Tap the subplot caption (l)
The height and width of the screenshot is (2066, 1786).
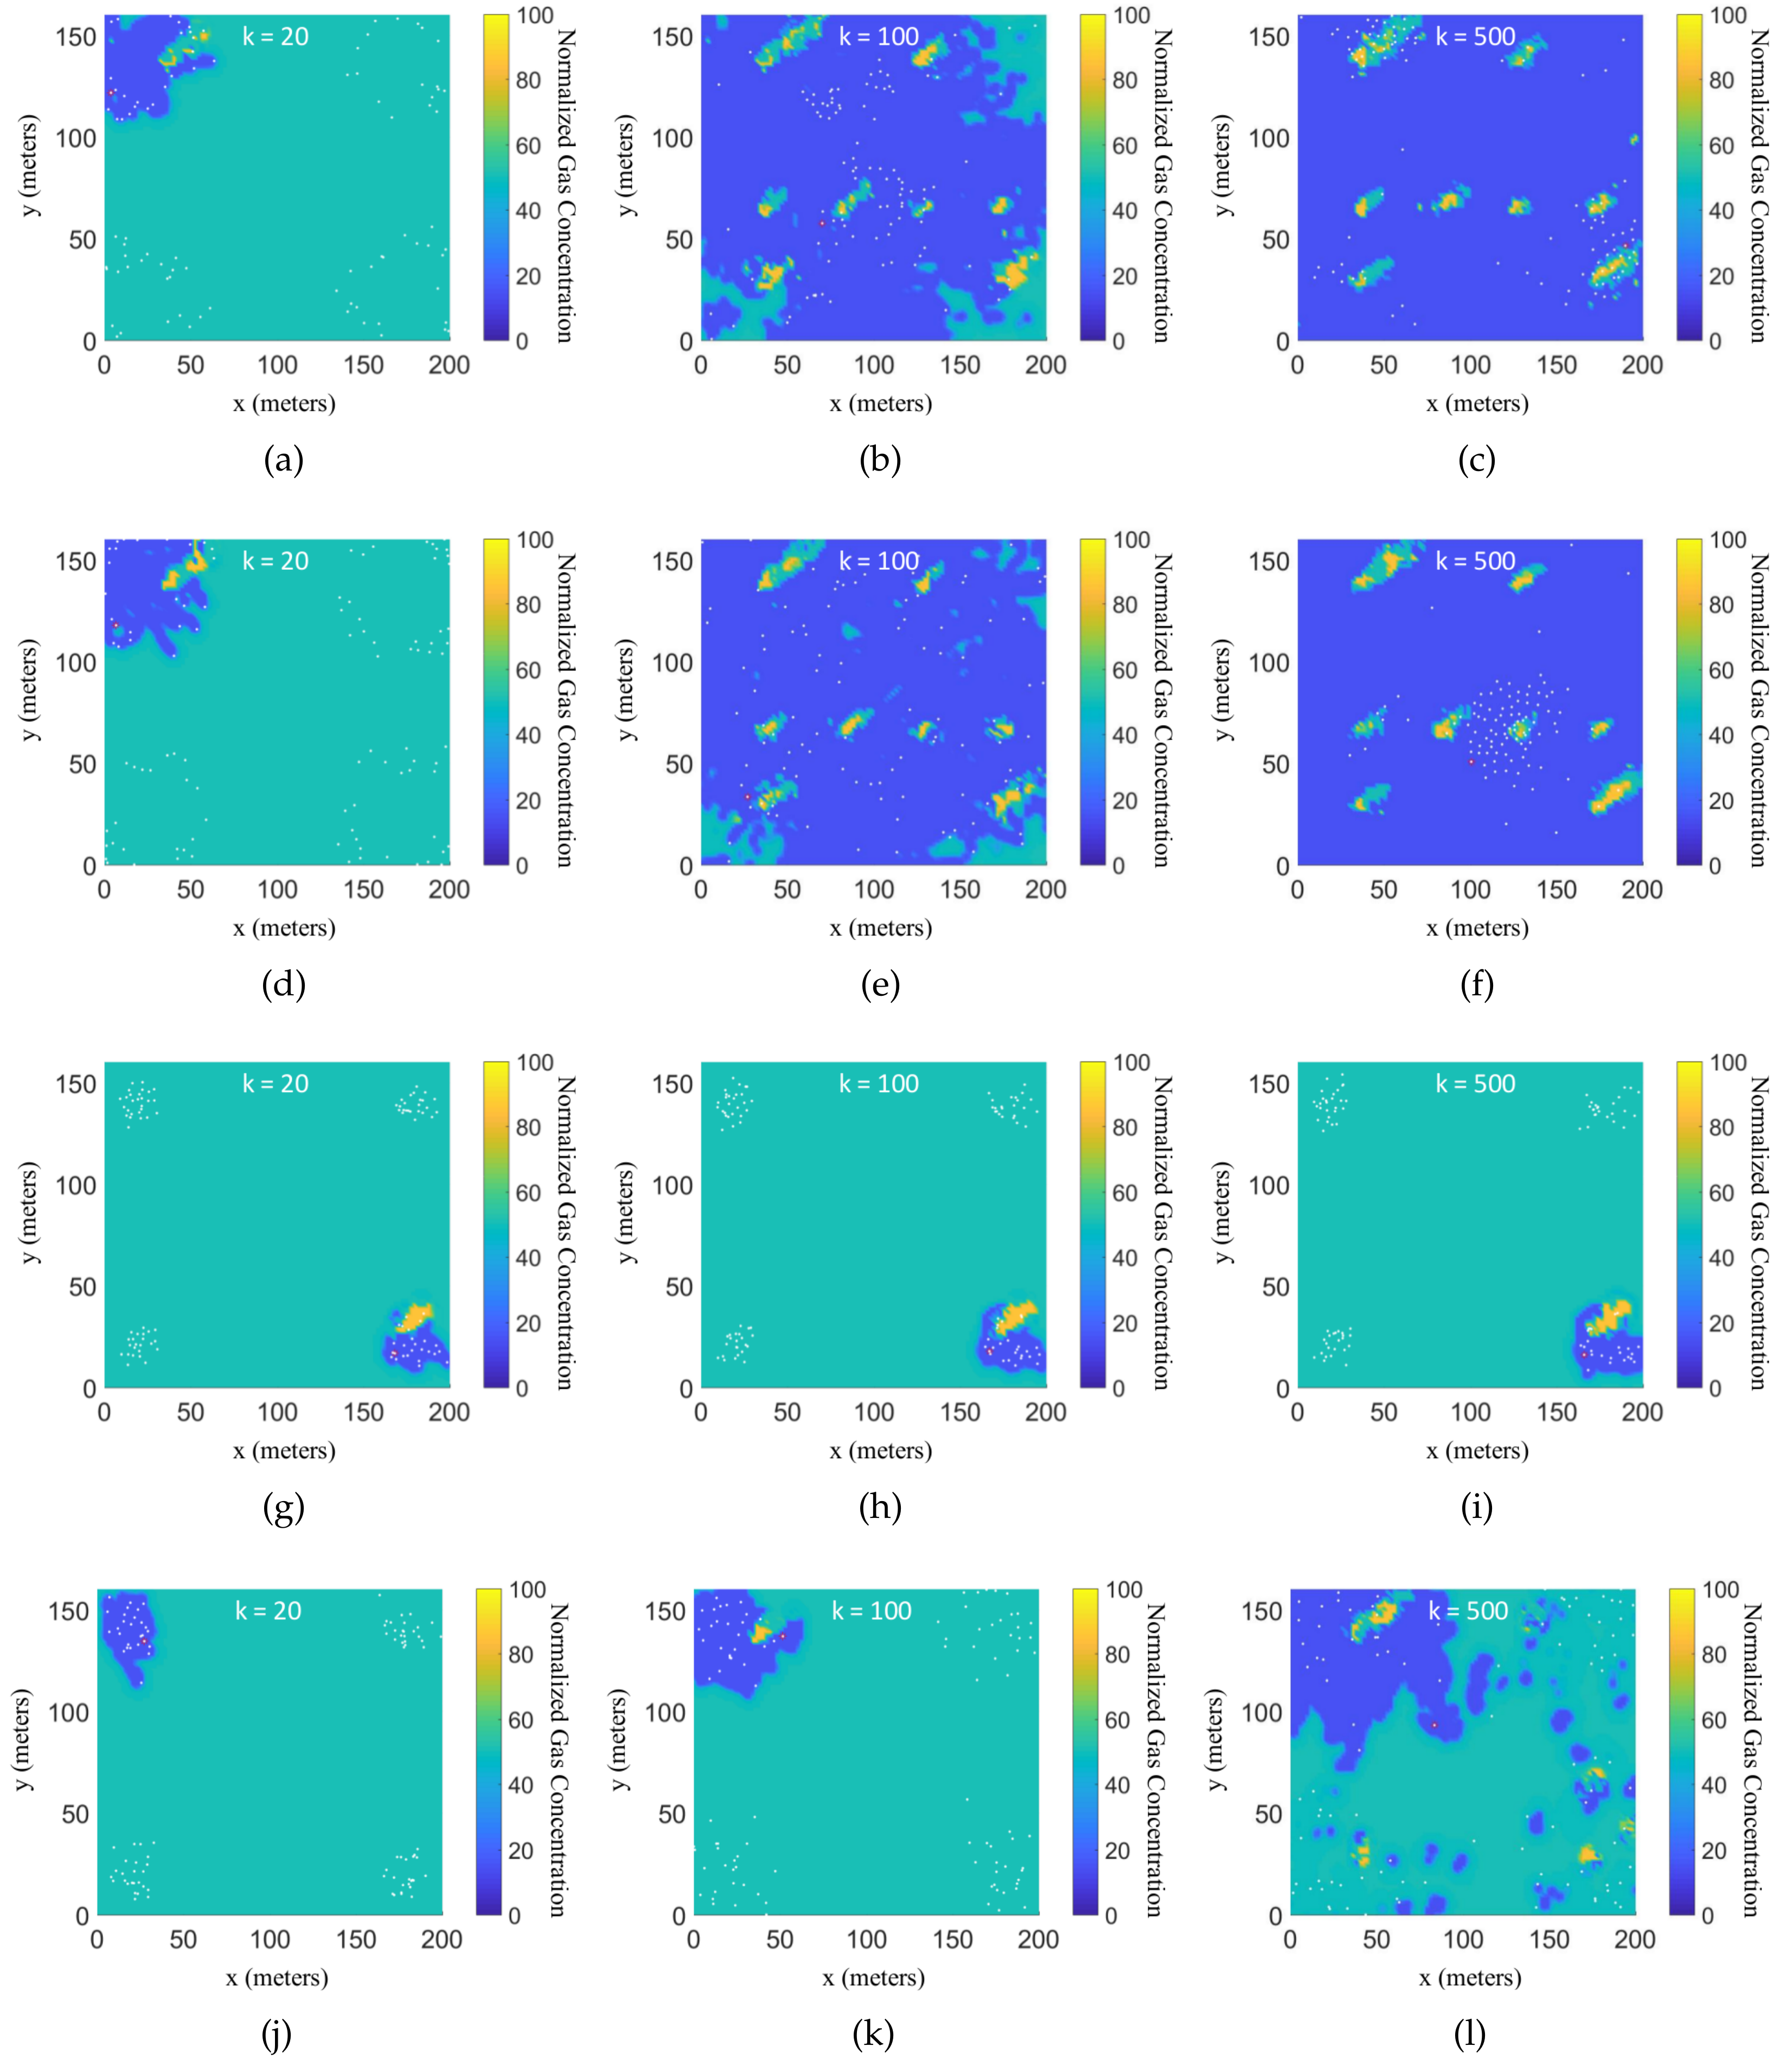tap(1469, 2034)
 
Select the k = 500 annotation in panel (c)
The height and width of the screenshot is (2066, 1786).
tap(1475, 37)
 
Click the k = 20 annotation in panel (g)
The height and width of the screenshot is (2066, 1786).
tap(275, 1084)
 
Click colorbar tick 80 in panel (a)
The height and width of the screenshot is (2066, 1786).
tap(528, 81)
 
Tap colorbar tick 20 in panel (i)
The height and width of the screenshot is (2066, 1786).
tap(1721, 1323)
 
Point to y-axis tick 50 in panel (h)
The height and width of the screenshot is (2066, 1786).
tap(678, 1287)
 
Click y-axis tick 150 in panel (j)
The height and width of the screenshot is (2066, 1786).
tap(68, 1611)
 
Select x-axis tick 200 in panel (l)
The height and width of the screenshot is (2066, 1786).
tap(1635, 1940)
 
